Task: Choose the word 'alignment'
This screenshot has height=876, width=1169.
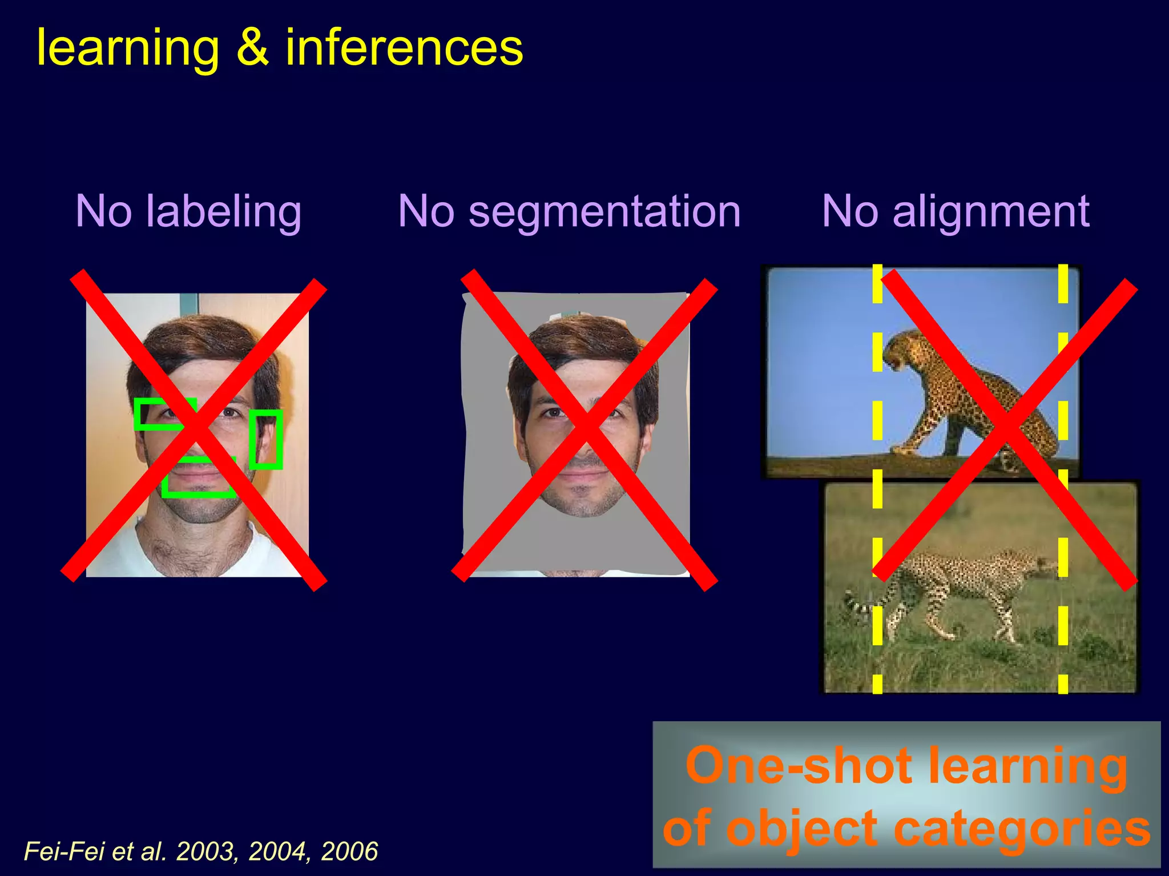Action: tap(991, 211)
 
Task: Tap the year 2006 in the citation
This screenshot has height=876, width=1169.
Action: tap(349, 851)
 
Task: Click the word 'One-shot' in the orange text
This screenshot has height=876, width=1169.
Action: tap(799, 766)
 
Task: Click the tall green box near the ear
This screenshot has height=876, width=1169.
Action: tap(266, 439)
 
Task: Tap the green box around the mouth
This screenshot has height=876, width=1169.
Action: tap(199, 477)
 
